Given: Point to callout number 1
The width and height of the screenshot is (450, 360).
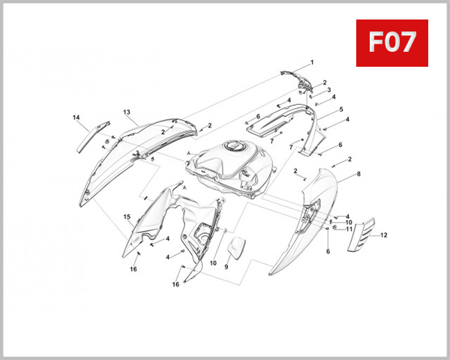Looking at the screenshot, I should [312, 62].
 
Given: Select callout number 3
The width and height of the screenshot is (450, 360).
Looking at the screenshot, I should [329, 90].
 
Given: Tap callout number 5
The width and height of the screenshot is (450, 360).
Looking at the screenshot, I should [341, 109].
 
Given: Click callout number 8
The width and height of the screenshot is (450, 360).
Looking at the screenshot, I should [358, 174].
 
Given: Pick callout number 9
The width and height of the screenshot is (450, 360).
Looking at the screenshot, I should [226, 267].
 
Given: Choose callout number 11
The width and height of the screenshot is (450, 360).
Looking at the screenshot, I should [349, 229].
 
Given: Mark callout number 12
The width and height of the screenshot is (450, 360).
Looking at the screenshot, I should [384, 235].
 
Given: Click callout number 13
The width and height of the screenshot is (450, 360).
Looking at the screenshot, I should [127, 112].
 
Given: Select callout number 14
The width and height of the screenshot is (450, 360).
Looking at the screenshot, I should [76, 118].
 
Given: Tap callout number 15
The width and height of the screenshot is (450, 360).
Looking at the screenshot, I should [127, 217].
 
